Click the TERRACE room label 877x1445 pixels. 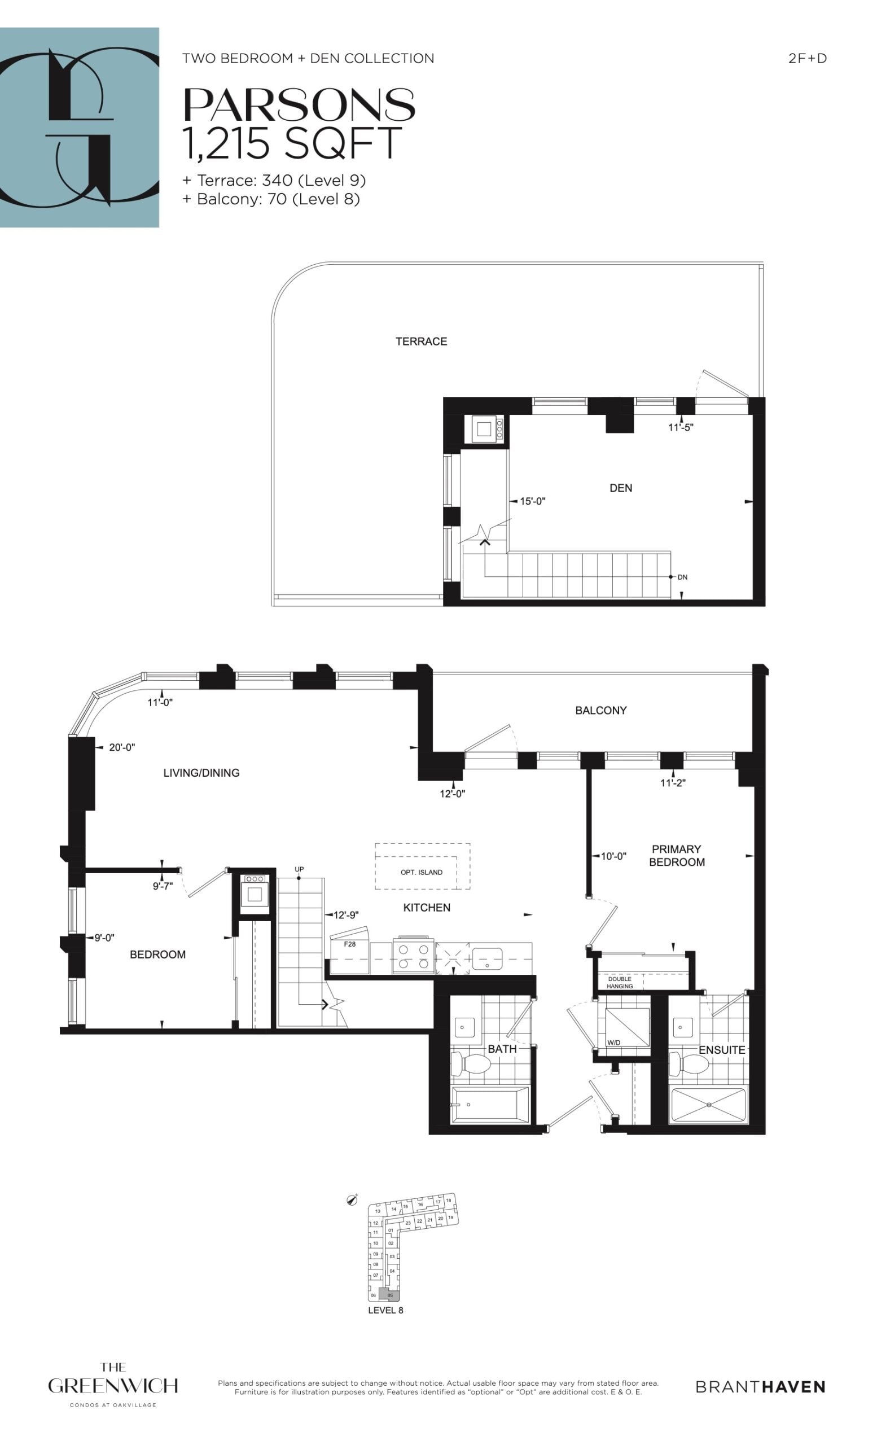(421, 341)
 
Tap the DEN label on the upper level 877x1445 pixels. (621, 488)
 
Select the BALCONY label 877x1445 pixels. (601, 710)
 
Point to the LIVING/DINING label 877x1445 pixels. (201, 773)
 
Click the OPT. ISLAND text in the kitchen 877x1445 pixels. (422, 872)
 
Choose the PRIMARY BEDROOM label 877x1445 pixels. (677, 856)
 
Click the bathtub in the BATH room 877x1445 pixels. (489, 1105)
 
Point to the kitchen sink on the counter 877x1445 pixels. (487, 959)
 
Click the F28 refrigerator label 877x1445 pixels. (350, 944)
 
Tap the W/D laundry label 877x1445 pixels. (614, 1043)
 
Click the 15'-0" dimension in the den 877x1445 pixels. (532, 501)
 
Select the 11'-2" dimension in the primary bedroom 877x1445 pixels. (672, 782)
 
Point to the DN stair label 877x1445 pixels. (682, 577)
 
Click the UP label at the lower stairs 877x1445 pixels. (300, 869)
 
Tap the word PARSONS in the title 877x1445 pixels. (300, 105)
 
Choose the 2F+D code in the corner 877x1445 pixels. (807, 58)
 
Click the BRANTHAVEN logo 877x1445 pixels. (760, 1386)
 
